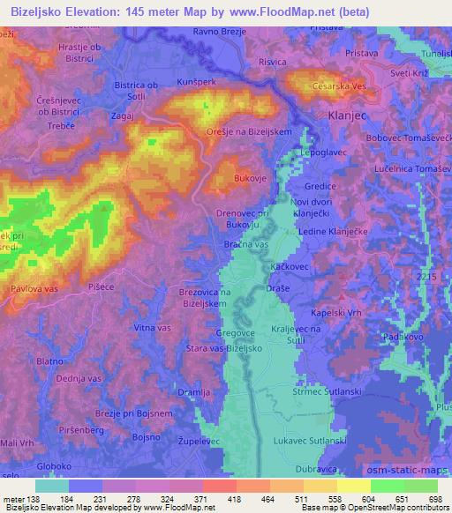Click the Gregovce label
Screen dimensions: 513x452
point(236,334)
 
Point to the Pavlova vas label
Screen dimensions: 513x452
point(34,287)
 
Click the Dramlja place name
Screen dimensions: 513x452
point(192,391)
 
